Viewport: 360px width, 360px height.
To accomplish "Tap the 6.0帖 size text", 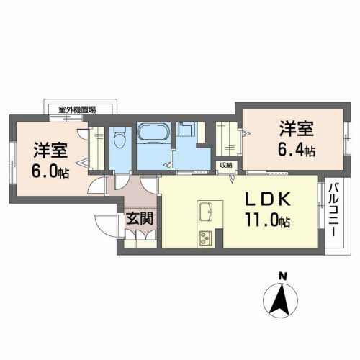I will (50, 173).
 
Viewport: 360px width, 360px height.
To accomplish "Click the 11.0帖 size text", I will (266, 221).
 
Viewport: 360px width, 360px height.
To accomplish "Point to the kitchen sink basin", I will (204, 212).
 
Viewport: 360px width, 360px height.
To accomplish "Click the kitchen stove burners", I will (204, 235).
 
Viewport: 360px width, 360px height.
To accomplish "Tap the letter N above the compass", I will (284, 276).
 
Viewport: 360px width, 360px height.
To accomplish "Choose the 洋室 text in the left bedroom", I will (50, 151).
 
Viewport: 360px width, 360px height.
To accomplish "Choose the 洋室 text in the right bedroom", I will (297, 130).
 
